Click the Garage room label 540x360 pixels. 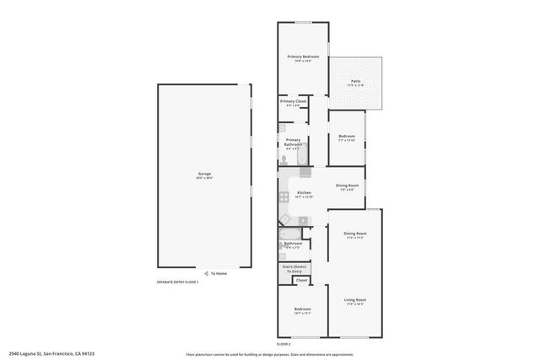click(204, 175)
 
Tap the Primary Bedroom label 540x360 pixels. click(304, 58)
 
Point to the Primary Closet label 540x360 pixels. click(294, 102)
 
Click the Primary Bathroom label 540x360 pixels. click(293, 143)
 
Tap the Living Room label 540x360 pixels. click(354, 301)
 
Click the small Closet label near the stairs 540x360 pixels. click(301, 280)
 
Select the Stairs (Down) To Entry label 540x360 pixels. click(294, 269)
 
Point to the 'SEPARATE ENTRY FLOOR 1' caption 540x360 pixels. click(177, 282)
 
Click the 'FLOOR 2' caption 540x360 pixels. click(283, 344)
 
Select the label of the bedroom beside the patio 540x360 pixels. click(347, 137)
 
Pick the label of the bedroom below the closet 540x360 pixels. click(303, 311)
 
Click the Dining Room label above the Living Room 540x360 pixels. click(354, 234)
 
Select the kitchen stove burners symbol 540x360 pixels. click(284, 199)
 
